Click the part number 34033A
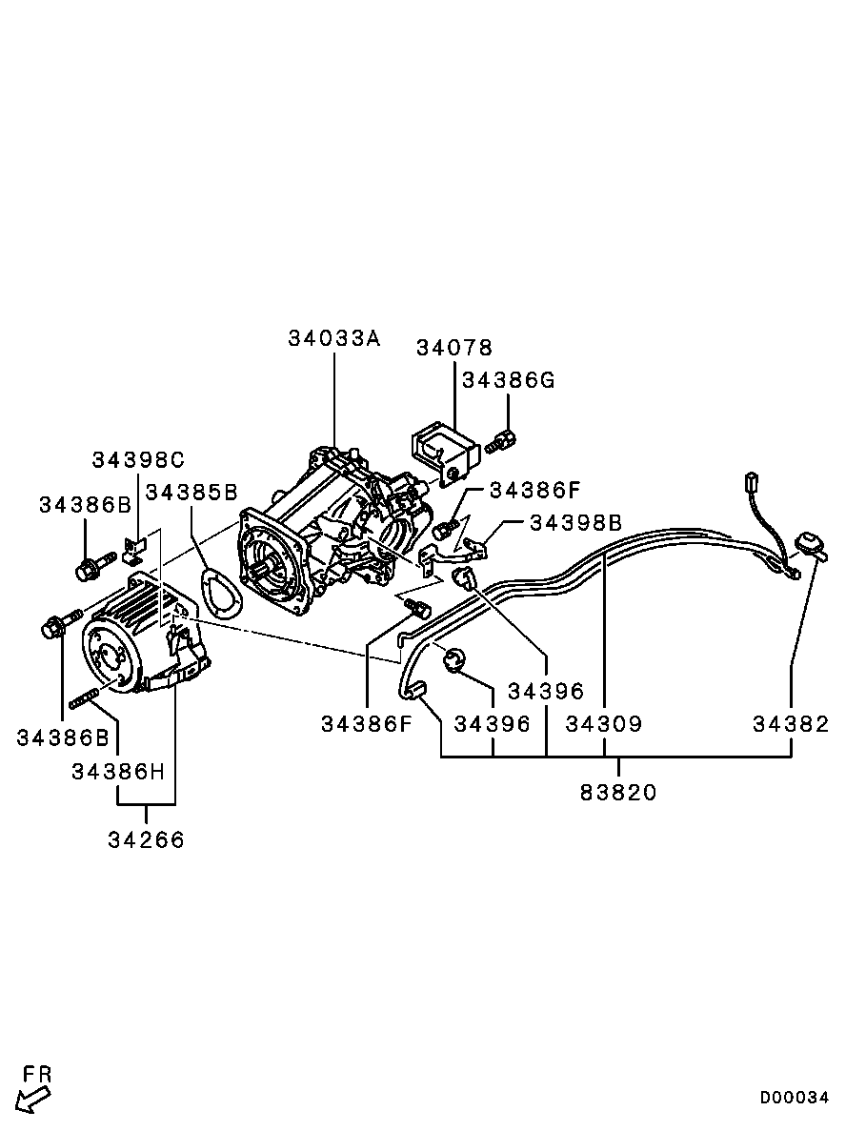coord(333,337)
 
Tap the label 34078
coord(454,348)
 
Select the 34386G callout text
coord(509,380)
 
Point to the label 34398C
coord(138,459)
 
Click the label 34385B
coord(191,492)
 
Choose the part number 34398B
coord(575,522)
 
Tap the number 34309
coord(603,723)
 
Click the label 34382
coord(791,723)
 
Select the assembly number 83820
coord(618,792)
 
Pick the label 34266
coord(147,839)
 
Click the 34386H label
coord(118,772)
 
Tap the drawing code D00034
coord(795,1098)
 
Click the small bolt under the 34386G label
coord(501,441)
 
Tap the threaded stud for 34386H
coord(84,698)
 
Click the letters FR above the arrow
coord(37,1074)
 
